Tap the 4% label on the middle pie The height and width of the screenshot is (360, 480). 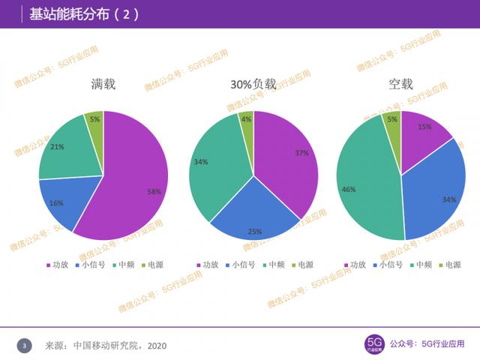[x=246, y=119]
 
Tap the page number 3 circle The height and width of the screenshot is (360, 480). [x=25, y=346]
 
